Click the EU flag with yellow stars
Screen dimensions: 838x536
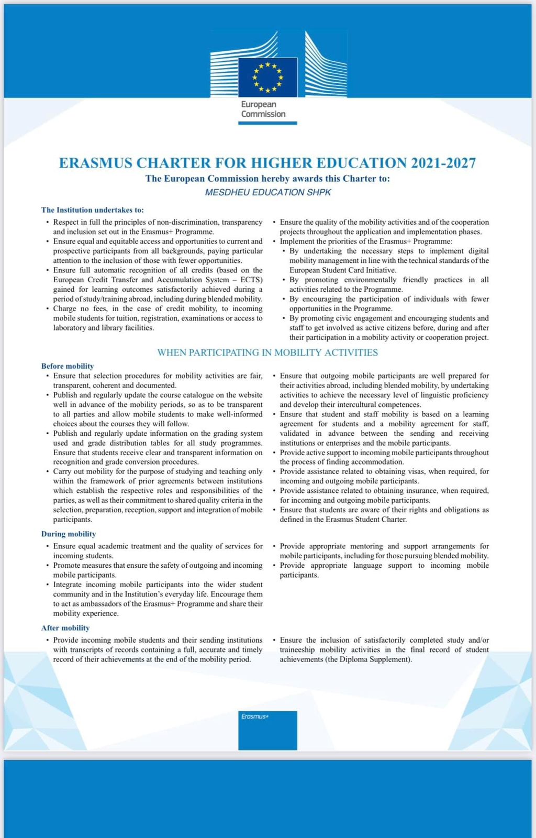267,77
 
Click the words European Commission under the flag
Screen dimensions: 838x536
263,109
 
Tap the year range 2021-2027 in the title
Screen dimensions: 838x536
443,163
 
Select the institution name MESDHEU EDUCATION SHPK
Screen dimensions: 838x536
268,192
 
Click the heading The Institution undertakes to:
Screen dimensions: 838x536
92,210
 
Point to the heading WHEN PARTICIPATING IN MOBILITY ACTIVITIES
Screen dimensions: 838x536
267,352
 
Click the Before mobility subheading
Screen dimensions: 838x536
68,366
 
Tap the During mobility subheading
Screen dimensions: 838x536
69,534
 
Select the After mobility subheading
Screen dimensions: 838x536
65,628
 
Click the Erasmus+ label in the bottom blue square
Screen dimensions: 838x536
255,716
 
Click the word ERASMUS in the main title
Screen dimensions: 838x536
95,163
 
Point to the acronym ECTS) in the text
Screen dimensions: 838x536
251,280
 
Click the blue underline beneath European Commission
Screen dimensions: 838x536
267,123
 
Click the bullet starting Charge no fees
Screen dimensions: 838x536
158,318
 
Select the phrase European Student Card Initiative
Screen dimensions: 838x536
343,270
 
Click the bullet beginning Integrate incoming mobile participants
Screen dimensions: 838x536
158,599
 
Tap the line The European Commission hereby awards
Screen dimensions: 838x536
267,179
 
